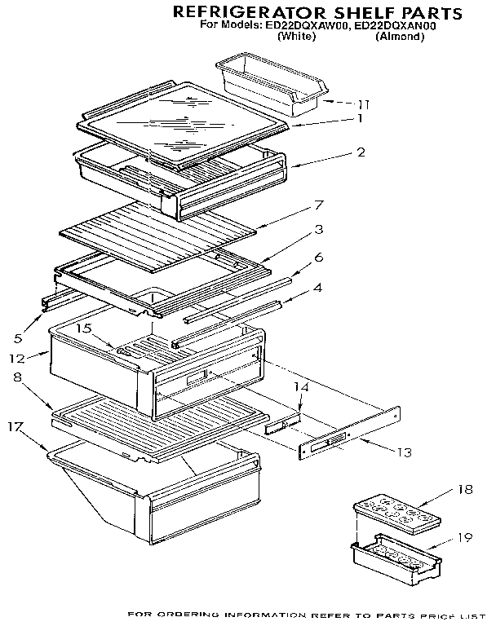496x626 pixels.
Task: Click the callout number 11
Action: tap(364, 104)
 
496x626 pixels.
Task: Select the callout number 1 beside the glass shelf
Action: tap(359, 118)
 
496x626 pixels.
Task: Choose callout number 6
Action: tap(318, 257)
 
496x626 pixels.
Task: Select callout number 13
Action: tap(404, 452)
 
